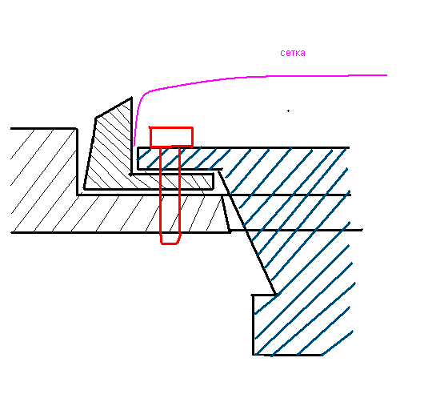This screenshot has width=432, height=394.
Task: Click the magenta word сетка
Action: point(293,53)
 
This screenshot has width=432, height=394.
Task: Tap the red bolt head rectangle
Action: point(171,137)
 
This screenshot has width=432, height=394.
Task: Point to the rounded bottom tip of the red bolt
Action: point(170,243)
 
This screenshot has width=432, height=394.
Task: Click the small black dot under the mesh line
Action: point(289,111)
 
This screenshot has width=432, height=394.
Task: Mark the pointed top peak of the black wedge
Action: point(131,98)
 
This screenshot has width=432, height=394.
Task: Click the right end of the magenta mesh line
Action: point(387,75)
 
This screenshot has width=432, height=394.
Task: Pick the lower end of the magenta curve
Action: point(134,146)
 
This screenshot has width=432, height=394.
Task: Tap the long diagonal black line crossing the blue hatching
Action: point(247,232)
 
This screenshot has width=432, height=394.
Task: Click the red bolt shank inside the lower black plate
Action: point(170,214)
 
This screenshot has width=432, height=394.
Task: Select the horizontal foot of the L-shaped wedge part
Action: point(172,182)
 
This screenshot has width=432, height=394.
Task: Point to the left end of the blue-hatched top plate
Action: point(138,159)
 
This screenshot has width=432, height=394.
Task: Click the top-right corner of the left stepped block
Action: point(76,129)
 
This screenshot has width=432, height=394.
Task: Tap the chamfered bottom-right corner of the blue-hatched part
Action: point(338,344)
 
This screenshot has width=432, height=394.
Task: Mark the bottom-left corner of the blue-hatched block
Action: point(253,355)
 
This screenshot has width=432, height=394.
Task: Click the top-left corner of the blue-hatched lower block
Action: point(253,295)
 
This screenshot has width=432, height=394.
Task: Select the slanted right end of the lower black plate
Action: point(226,213)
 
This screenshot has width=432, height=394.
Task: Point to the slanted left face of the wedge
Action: point(90,154)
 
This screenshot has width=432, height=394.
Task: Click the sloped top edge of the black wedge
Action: point(114,108)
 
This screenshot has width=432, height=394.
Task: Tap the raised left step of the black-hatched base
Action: point(43,162)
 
